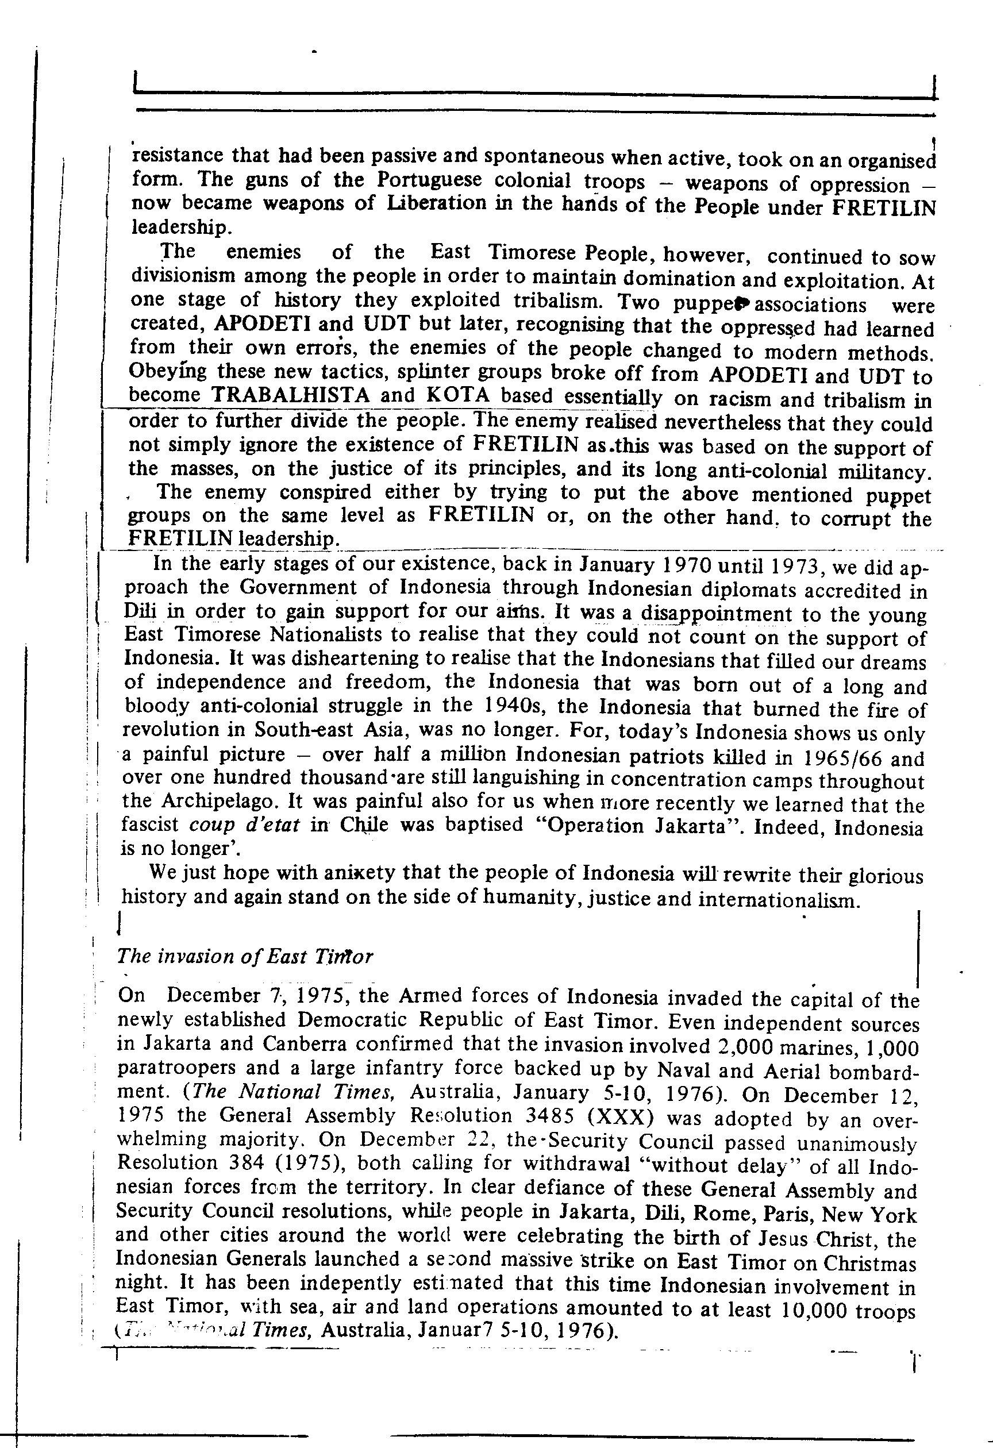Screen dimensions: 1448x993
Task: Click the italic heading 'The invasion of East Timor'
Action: (245, 956)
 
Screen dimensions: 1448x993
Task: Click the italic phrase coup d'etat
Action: (244, 825)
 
